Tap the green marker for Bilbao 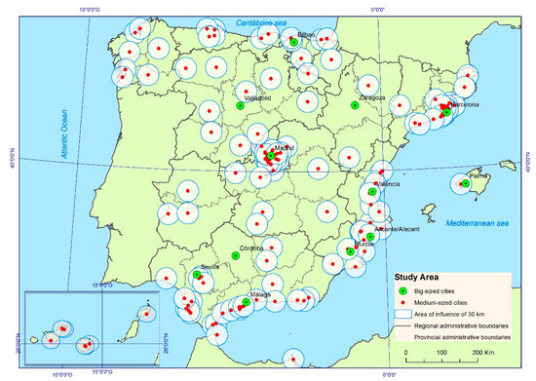pyautogui.click(x=294, y=42)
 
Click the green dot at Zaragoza pyautogui.click(x=355, y=105)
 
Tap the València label pyautogui.click(x=388, y=183)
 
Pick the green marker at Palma pyautogui.click(x=466, y=183)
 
